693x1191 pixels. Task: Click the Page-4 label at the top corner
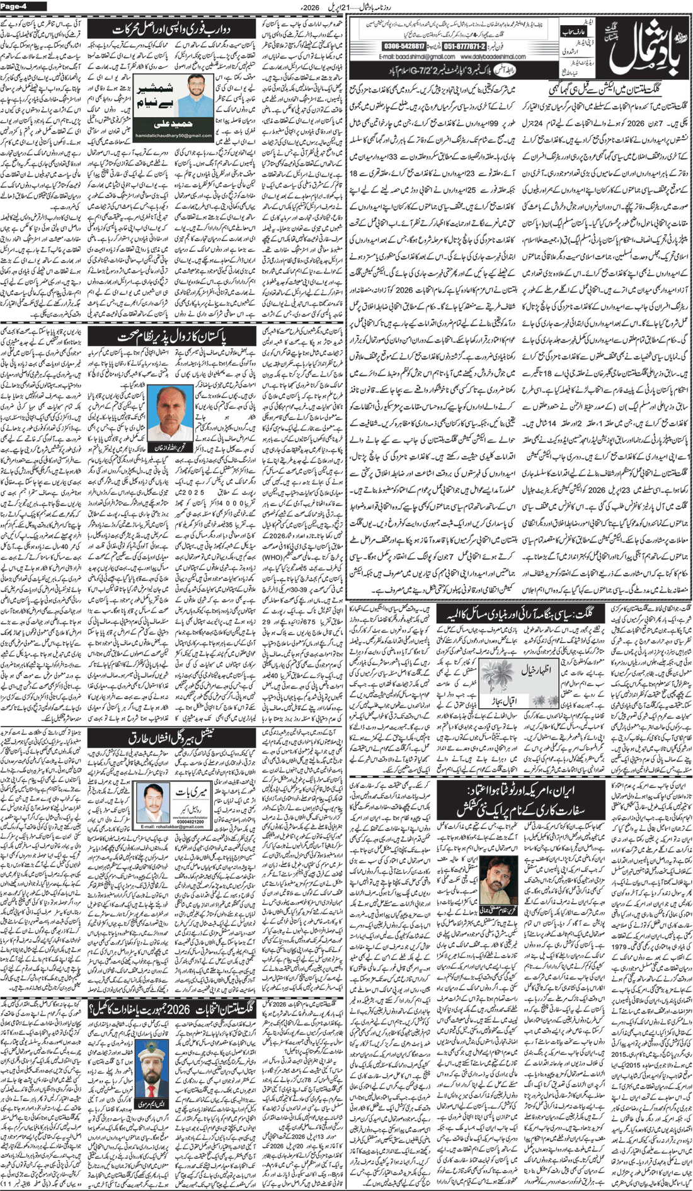(x=14, y=6)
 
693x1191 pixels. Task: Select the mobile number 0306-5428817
(x=403, y=47)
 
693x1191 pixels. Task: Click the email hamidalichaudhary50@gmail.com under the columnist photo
(x=171, y=136)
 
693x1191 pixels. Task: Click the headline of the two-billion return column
(x=172, y=30)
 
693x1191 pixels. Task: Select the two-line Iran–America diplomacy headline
(x=520, y=798)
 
